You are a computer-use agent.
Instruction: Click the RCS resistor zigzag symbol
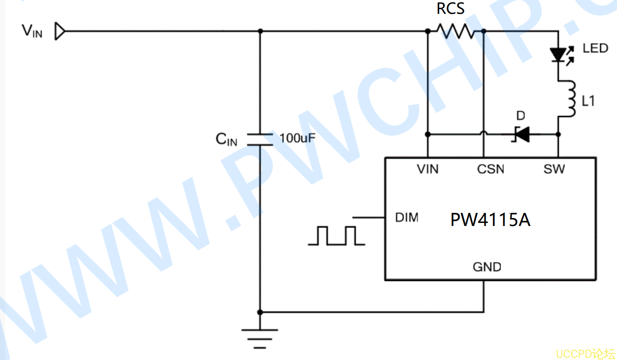(456, 31)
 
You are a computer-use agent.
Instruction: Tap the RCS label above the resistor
(450, 9)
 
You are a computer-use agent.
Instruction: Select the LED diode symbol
(561, 55)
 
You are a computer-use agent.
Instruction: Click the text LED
(595, 48)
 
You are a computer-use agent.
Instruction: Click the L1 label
(588, 101)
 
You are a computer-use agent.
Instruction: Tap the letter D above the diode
(521, 116)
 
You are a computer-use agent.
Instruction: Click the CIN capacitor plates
(260, 139)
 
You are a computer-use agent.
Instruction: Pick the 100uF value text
(297, 138)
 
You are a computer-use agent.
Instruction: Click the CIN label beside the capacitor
(226, 139)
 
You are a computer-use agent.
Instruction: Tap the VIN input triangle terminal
(60, 31)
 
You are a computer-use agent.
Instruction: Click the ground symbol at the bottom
(260, 339)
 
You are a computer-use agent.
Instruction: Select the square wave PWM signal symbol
(337, 236)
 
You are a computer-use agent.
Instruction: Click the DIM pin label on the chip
(407, 218)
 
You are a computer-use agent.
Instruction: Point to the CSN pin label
(491, 169)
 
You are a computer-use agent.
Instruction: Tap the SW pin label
(554, 169)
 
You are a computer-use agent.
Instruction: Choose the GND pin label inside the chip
(487, 267)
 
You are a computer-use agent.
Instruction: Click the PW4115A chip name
(490, 219)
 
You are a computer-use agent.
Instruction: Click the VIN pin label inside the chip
(427, 169)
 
